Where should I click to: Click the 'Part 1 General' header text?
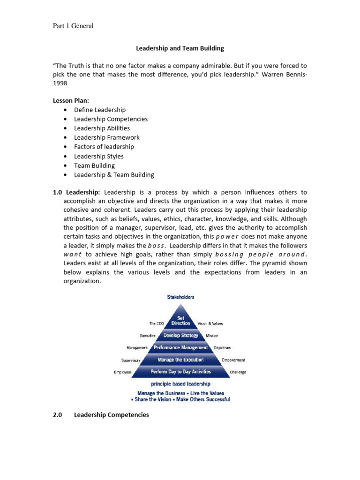(x=73, y=26)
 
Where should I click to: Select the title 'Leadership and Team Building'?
(x=180, y=48)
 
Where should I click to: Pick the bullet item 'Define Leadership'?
(x=100, y=110)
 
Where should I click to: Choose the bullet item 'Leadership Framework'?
(x=106, y=137)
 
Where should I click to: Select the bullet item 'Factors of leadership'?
(x=104, y=147)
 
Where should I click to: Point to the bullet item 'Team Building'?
(x=94, y=165)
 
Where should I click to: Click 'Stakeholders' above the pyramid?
(x=180, y=297)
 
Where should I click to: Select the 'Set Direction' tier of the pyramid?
(x=180, y=321)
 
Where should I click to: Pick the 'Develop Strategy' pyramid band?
(x=180, y=336)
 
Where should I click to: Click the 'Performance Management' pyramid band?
(x=180, y=348)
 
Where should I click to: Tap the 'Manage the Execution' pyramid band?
(x=180, y=360)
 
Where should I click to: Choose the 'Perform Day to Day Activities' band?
(x=180, y=372)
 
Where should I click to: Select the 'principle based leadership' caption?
(x=180, y=384)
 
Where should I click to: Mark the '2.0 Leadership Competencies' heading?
(x=106, y=415)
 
